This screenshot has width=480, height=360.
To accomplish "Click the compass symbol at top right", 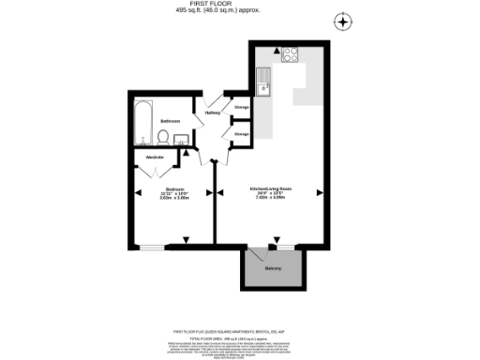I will point(344,21).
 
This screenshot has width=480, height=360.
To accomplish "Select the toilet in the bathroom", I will point(163,138).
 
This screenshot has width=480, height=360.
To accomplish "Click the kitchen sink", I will point(265,81).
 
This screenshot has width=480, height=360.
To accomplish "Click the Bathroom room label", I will point(169,122).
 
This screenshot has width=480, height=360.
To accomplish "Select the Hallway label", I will point(213,113).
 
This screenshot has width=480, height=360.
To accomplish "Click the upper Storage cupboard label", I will point(241,108).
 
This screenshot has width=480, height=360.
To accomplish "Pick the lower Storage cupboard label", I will point(241,134).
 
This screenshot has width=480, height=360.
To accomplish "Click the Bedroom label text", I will point(173,188).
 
